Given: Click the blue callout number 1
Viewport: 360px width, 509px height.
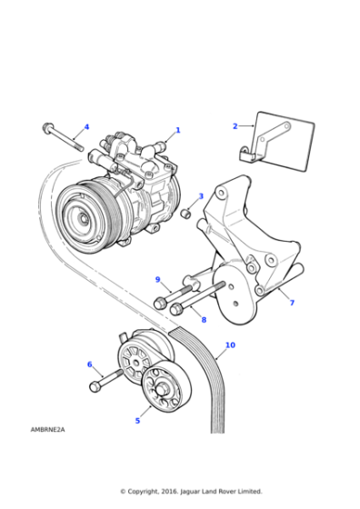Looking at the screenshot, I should pyautogui.click(x=178, y=130).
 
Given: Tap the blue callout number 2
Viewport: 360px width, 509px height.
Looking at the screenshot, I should pyautogui.click(x=235, y=126).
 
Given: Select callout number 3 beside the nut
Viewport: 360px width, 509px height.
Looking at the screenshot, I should pyautogui.click(x=201, y=196).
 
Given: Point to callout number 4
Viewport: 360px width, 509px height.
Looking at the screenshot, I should pyautogui.click(x=86, y=126).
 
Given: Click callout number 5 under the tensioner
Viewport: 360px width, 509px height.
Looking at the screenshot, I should pyautogui.click(x=138, y=420).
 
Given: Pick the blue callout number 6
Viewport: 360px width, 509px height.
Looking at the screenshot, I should pyautogui.click(x=89, y=364).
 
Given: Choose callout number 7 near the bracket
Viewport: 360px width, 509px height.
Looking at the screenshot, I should pyautogui.click(x=291, y=303).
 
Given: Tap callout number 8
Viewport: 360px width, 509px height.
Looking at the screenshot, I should pyautogui.click(x=204, y=320).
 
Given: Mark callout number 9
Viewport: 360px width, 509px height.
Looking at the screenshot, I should pyautogui.click(x=157, y=279).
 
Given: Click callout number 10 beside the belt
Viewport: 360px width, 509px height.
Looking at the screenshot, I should pyautogui.click(x=230, y=345).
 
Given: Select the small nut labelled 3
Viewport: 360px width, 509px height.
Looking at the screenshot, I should pyautogui.click(x=185, y=215).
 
